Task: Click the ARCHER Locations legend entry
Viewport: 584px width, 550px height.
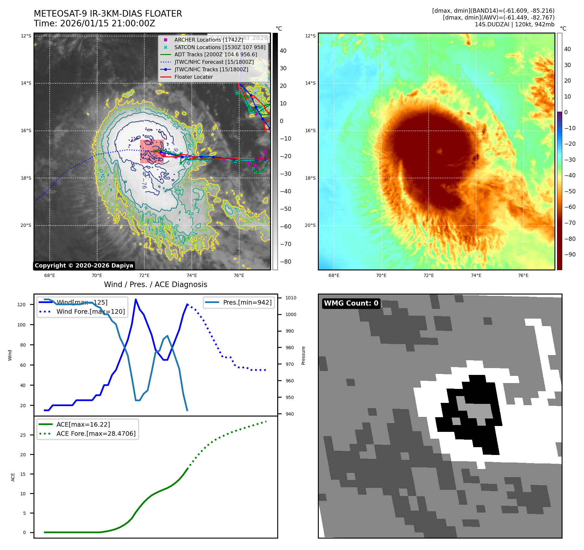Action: pos(208,40)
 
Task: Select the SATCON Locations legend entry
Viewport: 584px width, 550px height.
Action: pos(220,47)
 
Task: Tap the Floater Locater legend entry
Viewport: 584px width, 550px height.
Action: pos(193,77)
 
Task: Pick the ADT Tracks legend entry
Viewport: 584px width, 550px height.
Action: pos(215,55)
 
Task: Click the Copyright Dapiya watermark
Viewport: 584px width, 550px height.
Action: pos(84,266)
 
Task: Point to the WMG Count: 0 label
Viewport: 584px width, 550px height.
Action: pos(351,303)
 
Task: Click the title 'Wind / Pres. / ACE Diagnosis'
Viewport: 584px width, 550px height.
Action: pos(155,284)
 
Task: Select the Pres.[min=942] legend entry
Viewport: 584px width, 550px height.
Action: pos(247,302)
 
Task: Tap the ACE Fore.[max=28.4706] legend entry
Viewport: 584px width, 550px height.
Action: pos(96,433)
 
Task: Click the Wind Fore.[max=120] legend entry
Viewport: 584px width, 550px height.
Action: pos(90,311)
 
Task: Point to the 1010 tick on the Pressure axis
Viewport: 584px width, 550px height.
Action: pos(291,298)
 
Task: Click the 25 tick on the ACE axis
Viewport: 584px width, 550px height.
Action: pos(23,435)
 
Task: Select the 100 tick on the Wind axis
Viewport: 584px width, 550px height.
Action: pos(21,325)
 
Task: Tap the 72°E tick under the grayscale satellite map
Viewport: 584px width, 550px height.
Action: pos(144,275)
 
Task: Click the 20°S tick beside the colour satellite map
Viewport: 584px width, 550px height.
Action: pos(310,225)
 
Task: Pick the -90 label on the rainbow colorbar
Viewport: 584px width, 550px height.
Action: pos(570,254)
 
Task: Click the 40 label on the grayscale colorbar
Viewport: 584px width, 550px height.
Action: pos(283,51)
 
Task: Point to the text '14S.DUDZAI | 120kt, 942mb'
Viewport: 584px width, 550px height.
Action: pos(514,24)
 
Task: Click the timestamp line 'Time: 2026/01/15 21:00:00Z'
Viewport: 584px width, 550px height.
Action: pos(94,24)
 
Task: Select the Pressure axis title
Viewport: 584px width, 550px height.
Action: pos(303,355)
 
